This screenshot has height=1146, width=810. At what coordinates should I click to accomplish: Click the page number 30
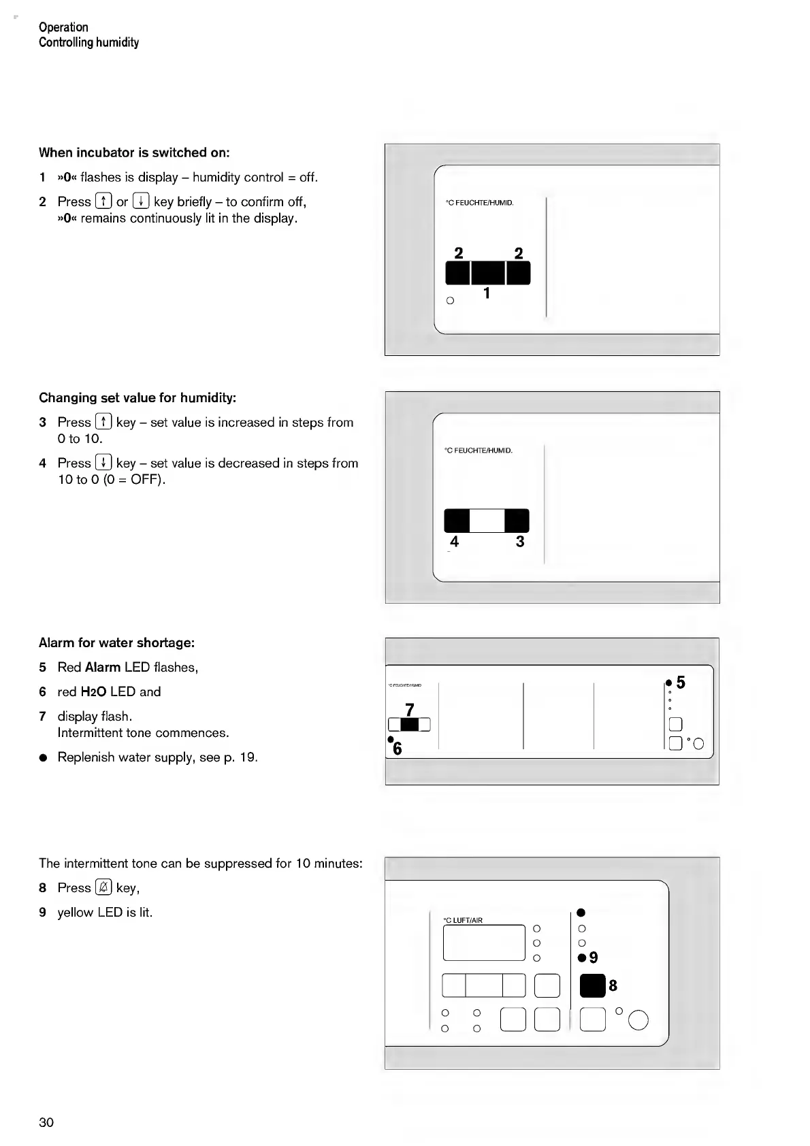point(46,1122)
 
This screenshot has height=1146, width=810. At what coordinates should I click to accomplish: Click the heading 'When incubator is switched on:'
point(134,152)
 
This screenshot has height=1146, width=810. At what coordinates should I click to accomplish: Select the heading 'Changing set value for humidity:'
point(137,397)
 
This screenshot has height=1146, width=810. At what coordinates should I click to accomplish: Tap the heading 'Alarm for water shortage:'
point(116,642)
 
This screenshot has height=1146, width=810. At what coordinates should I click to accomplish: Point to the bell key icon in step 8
point(103,887)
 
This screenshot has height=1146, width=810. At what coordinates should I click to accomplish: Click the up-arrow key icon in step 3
point(103,422)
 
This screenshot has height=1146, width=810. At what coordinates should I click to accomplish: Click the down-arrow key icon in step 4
point(103,463)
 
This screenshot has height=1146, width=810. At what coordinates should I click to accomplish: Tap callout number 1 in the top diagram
point(487,293)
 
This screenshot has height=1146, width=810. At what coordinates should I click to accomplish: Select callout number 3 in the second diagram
point(520,542)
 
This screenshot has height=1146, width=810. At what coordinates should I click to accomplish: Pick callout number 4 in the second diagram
point(455,542)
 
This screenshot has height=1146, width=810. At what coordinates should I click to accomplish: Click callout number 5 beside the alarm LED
point(681,683)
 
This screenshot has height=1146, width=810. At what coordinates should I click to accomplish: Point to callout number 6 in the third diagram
point(398,749)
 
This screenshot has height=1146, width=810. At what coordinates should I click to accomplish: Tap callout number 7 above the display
point(409,710)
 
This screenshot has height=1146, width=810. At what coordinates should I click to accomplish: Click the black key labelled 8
point(592,985)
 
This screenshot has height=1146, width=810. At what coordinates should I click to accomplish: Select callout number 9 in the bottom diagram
point(594,957)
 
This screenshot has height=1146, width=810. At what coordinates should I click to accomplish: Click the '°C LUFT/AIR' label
point(463,920)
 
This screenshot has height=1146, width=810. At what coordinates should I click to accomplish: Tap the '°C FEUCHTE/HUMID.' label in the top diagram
point(479,203)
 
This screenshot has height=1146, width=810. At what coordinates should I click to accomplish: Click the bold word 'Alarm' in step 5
point(103,667)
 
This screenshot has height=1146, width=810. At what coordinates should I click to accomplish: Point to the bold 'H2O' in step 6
point(93,692)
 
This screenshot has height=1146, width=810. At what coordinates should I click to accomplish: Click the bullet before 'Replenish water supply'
point(43,757)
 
